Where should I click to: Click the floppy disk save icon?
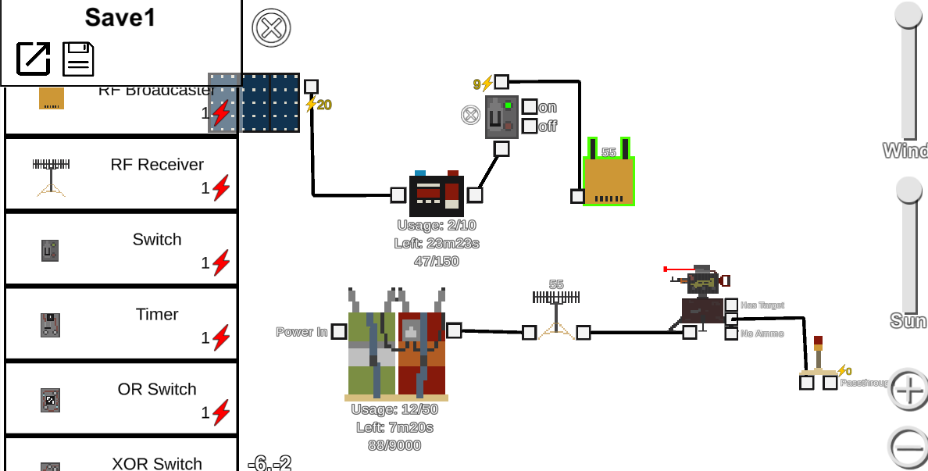point(78,59)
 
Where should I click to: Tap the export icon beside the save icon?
point(34,59)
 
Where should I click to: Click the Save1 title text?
point(120,18)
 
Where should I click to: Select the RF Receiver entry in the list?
point(121,173)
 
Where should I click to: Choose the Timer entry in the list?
point(121,323)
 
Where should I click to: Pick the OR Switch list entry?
point(121,398)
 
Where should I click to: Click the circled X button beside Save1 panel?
point(271,29)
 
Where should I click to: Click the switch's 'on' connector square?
point(530,107)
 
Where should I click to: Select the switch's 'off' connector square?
point(530,126)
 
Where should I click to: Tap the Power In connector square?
point(338,332)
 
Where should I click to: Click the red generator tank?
point(422,351)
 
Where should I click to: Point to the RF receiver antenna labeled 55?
point(555,312)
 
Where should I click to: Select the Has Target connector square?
point(731,305)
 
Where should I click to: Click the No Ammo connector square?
point(731,334)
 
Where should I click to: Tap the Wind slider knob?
point(908,16)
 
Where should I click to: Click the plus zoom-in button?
point(908,389)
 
